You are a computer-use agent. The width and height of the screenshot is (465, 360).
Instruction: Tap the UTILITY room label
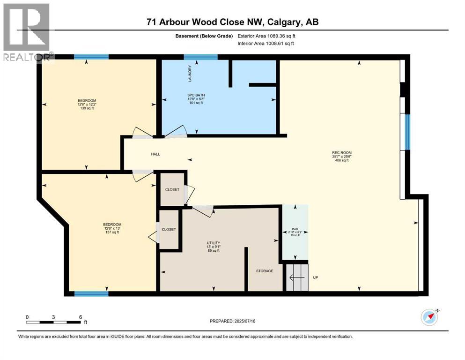(214, 243)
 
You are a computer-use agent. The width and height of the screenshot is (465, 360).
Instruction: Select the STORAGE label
(264, 271)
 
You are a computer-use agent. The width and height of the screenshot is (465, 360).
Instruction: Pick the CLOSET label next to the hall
(172, 190)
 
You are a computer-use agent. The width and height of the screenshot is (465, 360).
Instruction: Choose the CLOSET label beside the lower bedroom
(169, 229)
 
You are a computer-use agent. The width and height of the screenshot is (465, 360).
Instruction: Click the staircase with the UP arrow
(297, 277)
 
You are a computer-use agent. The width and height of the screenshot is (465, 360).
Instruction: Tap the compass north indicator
(429, 317)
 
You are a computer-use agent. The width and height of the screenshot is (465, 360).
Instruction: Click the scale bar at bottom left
(54, 322)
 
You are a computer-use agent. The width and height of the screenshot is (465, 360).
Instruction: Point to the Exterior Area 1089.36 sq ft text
(266, 36)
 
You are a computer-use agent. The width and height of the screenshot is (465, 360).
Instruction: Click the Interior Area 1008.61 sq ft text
(266, 43)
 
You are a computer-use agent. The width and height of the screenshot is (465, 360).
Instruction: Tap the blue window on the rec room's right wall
(407, 132)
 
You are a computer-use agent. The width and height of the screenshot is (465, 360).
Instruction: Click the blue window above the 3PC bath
(200, 57)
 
